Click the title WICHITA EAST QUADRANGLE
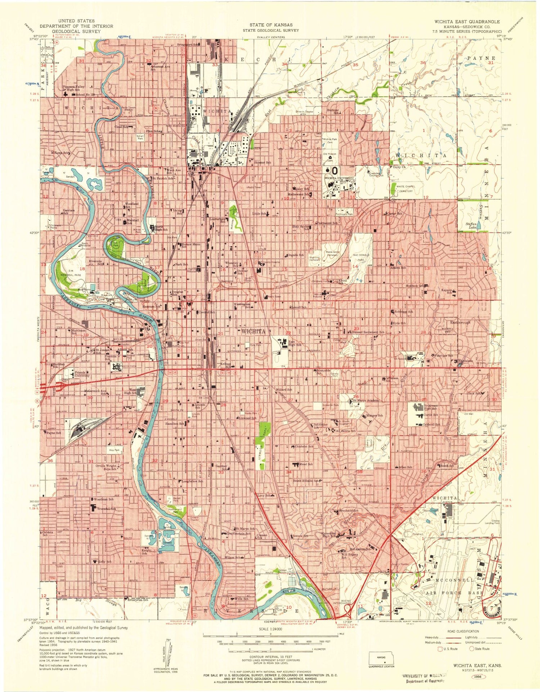(x=467, y=21)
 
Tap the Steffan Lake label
(x=471, y=224)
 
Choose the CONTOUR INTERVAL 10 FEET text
(x=270, y=656)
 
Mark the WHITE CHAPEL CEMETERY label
(x=405, y=189)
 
